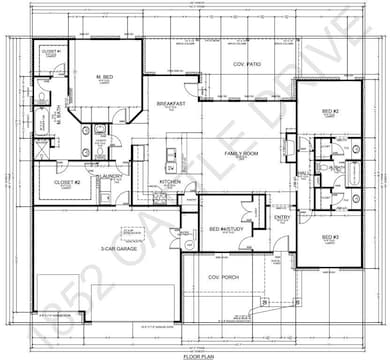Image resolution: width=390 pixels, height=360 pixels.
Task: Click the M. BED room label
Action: (x=103, y=77)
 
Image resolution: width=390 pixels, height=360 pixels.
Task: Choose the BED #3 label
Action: (x=331, y=236)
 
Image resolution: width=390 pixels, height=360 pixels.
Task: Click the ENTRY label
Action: (x=283, y=217)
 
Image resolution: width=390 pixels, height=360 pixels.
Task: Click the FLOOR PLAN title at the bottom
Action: (x=197, y=354)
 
